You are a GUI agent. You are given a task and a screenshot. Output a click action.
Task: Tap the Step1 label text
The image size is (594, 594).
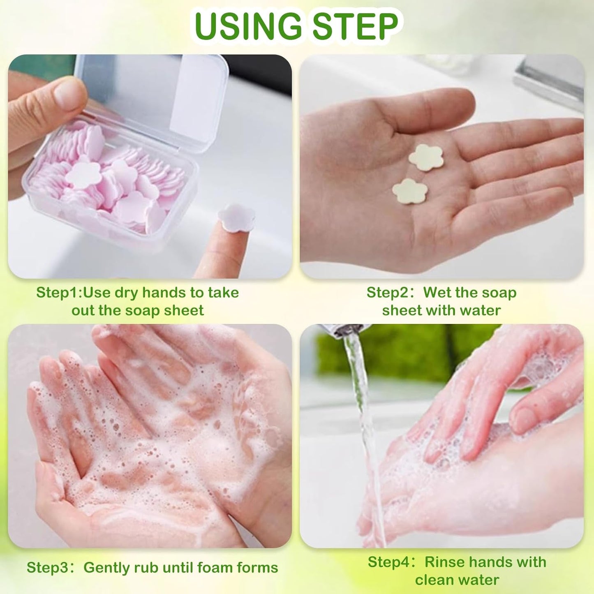59,293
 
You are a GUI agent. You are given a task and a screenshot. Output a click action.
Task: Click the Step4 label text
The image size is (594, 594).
391,562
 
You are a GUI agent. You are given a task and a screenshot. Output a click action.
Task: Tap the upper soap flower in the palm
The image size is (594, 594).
426,157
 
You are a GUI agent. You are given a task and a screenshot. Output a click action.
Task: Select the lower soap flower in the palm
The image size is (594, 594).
410,191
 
